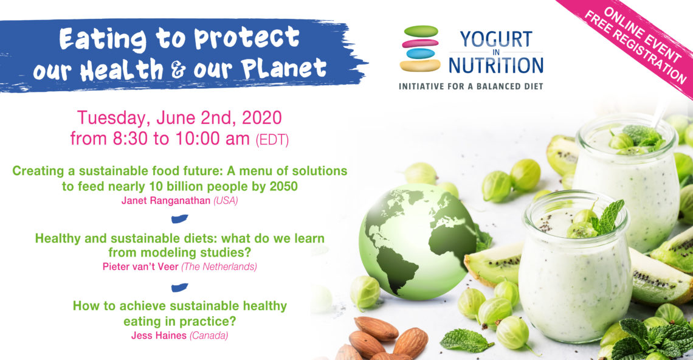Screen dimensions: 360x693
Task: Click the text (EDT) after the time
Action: click(272, 140)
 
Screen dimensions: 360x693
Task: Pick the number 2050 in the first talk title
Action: click(281, 186)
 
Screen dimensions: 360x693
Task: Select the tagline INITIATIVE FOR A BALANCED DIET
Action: click(471, 86)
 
